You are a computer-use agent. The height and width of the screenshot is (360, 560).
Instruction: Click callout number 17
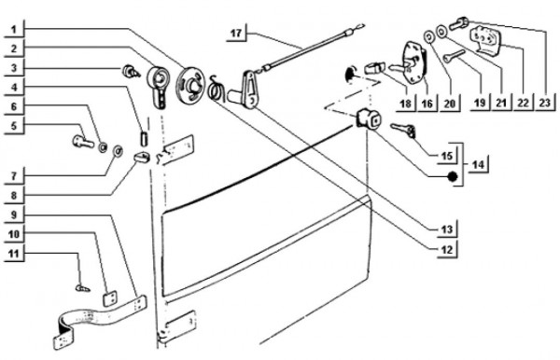click(236, 34)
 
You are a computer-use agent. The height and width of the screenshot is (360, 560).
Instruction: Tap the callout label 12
click(447, 249)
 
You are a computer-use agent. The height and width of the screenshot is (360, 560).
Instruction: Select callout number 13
click(447, 229)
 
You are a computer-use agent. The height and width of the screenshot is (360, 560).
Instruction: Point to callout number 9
click(14, 215)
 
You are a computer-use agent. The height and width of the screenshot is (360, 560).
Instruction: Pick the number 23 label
click(545, 103)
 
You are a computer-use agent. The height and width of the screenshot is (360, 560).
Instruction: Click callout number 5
click(14, 126)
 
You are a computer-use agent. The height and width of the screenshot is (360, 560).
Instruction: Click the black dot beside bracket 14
click(453, 176)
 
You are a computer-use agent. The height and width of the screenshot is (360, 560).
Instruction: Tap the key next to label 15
click(403, 130)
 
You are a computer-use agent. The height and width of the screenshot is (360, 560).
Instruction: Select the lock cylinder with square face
click(368, 119)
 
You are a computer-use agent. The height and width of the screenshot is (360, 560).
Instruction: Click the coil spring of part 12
click(216, 89)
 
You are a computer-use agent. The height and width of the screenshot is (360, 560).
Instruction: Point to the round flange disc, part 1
click(190, 85)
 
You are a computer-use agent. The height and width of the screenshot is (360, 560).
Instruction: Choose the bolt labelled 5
click(83, 141)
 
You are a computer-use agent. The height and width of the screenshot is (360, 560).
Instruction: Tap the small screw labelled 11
click(83, 286)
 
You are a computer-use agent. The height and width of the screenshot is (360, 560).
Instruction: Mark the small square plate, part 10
click(109, 298)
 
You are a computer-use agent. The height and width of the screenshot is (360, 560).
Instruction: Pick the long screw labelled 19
click(454, 55)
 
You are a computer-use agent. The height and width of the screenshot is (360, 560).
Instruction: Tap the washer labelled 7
click(118, 151)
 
